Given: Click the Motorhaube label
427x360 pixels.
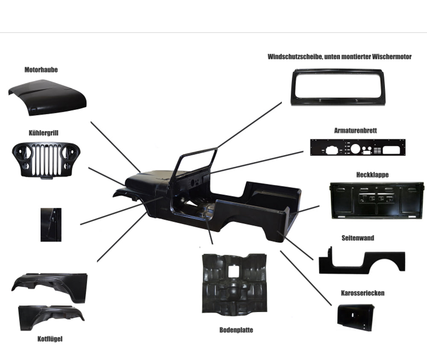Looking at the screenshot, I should click(x=41, y=70).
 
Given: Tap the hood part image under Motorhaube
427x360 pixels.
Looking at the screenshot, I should click(x=47, y=97).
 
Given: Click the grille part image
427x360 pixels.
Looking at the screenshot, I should click(x=46, y=161).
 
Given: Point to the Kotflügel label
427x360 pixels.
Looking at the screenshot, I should click(x=50, y=339).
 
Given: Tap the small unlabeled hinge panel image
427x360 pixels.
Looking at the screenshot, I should click(x=51, y=224).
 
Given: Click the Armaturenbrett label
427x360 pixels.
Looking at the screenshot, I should click(x=355, y=131).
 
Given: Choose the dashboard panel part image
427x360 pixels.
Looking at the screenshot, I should click(x=357, y=148).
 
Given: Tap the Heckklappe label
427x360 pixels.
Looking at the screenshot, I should click(x=372, y=175).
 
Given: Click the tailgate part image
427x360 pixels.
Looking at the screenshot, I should click(x=377, y=200).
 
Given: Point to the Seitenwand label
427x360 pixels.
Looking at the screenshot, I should click(x=358, y=238).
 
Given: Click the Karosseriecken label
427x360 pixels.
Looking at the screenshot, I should click(x=363, y=293).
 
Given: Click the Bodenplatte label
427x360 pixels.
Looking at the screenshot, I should click(x=236, y=330).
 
